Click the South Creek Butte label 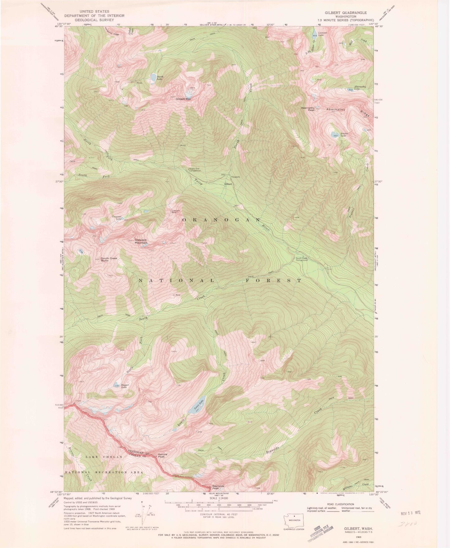tap(109, 259)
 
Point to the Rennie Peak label tap(163, 455)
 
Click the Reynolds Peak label tap(218, 487)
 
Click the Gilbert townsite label tap(228, 184)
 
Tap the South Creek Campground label tap(301, 259)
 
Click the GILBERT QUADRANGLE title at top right tap(345, 13)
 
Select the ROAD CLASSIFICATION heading tap(340, 504)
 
